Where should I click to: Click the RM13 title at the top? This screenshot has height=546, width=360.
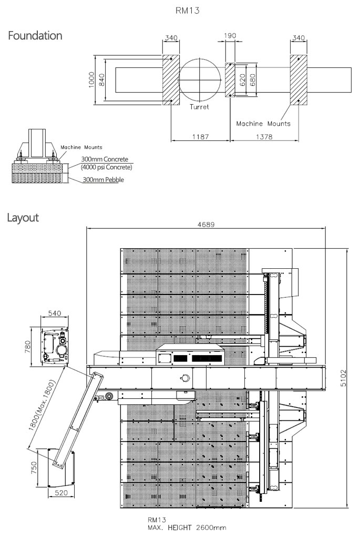coord(188,11)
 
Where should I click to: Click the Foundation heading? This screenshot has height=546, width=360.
coord(35,36)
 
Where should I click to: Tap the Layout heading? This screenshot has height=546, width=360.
coord(23,218)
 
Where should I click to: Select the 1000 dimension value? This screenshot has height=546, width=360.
coord(91,80)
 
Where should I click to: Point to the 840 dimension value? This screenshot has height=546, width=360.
coord(101,80)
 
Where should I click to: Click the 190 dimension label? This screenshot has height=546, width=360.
coord(230,36)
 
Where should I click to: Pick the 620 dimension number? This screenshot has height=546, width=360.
coord(243,80)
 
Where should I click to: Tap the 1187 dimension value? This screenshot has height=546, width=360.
coord(201,137)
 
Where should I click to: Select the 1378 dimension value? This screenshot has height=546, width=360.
coord(264,137)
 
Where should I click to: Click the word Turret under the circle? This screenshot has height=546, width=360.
coord(199,107)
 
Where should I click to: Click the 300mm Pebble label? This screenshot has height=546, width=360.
coord(104,180)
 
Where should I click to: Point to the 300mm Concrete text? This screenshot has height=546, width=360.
coord(105,159)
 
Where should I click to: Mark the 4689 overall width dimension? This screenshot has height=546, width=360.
coord(206,225)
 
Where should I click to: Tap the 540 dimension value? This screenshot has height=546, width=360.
coord(55,314)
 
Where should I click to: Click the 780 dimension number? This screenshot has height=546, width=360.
coord(28,347)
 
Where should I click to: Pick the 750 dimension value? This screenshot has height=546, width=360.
coord(34,468)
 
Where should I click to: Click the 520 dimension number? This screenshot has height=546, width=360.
coord(61,493)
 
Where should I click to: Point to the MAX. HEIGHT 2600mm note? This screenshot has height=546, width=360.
coord(187,528)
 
